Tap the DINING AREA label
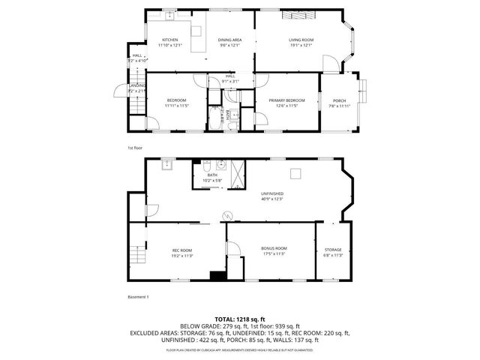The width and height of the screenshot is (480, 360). click(x=229, y=39)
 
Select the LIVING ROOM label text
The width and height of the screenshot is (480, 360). click(x=301, y=39)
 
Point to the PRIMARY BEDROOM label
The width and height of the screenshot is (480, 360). click(x=286, y=100)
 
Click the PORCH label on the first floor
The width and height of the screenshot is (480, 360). click(x=340, y=100)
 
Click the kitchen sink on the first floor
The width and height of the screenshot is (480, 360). click(x=169, y=16)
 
